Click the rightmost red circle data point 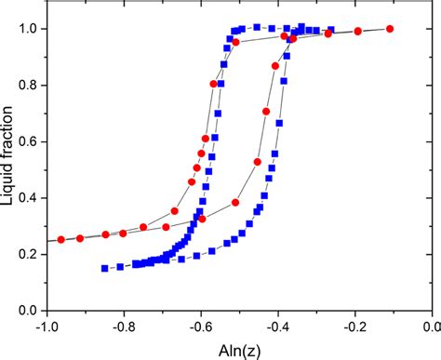pyautogui.click(x=390, y=29)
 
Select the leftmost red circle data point pyautogui.click(x=61, y=239)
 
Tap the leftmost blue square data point pyautogui.click(x=105, y=268)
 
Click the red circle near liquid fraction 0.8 pyautogui.click(x=215, y=84)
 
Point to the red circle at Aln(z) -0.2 pyautogui.click(x=357, y=32)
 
